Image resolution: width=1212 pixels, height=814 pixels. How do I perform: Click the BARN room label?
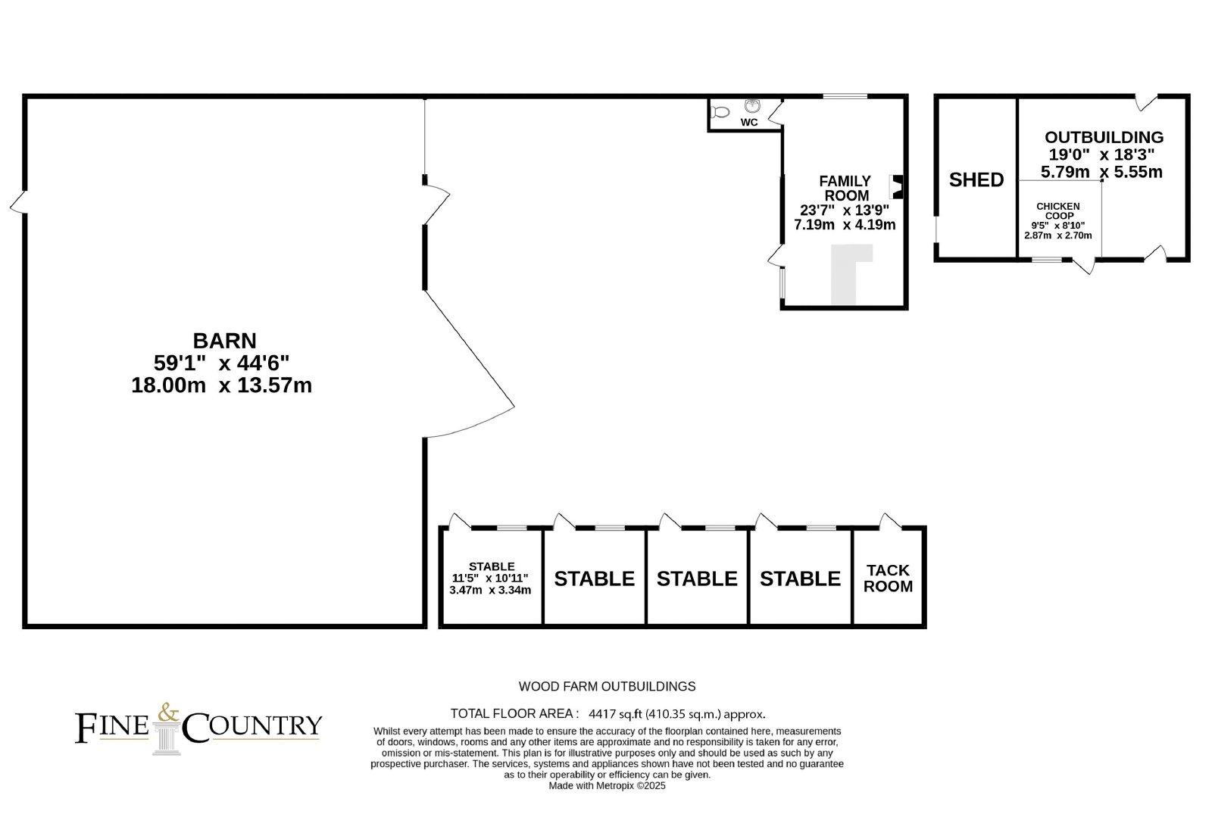click(x=224, y=341)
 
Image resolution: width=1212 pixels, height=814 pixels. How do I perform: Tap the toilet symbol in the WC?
click(x=720, y=112)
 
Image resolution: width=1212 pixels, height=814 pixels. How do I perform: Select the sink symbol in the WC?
click(x=752, y=105)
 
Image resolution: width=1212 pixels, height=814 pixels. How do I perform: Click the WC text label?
click(x=749, y=123)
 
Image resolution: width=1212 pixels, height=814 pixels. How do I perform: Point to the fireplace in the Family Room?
click(x=896, y=187)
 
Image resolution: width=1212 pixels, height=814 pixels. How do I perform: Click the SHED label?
click(x=976, y=180)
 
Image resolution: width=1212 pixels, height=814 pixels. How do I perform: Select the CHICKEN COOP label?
click(x=1057, y=211)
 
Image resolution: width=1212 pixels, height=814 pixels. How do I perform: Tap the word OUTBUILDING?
click(x=1104, y=137)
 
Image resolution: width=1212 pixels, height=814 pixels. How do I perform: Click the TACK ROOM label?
click(x=888, y=579)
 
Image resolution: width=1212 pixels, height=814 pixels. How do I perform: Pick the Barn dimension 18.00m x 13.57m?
click(x=222, y=385)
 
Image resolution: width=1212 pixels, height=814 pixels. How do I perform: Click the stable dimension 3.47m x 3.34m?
click(x=490, y=590)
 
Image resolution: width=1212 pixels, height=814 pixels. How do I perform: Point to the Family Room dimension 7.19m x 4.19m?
click(x=845, y=224)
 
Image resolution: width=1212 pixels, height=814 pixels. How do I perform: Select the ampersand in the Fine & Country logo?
click(x=167, y=713)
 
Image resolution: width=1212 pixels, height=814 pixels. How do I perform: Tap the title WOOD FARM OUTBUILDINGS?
click(x=607, y=686)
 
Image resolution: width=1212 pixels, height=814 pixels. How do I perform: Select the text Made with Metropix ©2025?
click(x=607, y=786)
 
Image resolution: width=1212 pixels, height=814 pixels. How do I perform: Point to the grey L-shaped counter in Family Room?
click(x=849, y=273)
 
